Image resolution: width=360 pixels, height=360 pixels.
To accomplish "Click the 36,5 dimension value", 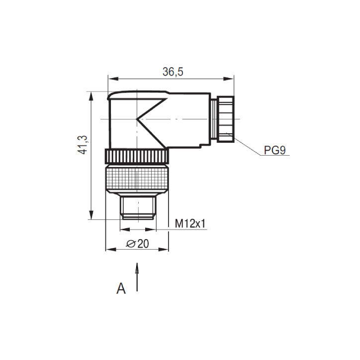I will tap(173, 72).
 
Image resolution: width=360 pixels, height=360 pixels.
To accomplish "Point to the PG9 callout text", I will tap(274, 150).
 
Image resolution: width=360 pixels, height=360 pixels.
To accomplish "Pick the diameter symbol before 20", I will tap(130, 244).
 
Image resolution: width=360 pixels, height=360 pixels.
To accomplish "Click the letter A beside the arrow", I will tap(121, 288).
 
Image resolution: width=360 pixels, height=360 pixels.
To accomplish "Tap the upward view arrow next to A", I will tap(137, 276).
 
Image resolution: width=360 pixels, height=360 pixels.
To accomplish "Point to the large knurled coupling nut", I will tap(137, 180).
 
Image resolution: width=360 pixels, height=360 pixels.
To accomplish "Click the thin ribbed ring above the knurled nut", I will tap(137, 157).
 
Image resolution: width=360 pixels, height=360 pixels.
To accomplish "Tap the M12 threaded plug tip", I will tap(138, 207).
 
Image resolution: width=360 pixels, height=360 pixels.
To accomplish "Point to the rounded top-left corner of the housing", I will tap(110, 95).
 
